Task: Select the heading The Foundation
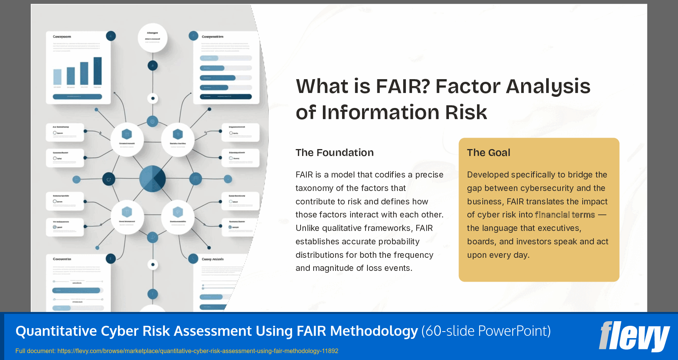[x=334, y=153]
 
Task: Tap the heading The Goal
[x=488, y=153]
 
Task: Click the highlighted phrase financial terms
[x=565, y=215]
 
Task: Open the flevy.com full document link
[x=198, y=351]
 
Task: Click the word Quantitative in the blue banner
[x=56, y=331]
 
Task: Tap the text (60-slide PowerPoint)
[x=486, y=331]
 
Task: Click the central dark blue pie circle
[x=152, y=179]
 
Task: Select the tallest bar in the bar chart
[x=98, y=71]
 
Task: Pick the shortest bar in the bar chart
[x=57, y=77]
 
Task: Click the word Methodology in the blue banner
[x=374, y=331]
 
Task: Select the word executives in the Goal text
[x=559, y=228]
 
